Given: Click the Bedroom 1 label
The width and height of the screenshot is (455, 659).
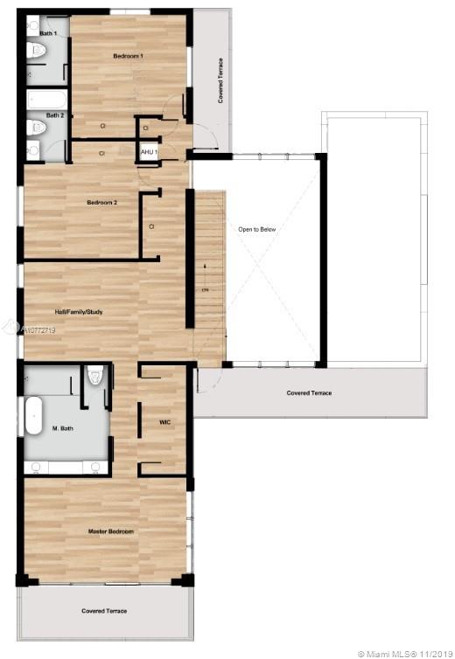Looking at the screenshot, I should pos(128,56).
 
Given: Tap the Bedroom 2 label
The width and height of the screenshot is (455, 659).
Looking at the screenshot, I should pos(101,203).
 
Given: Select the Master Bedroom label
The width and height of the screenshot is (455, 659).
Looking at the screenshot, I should pos(110,531).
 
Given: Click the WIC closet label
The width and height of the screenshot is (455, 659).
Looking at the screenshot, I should pos(164,422).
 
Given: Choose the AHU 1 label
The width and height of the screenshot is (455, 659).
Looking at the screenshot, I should pos(148,152).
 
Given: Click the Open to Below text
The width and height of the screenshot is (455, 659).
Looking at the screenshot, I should pos(256,229).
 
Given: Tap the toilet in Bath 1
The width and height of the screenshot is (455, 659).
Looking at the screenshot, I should pos(36,51).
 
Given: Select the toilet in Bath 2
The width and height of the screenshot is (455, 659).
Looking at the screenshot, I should pos(36,128).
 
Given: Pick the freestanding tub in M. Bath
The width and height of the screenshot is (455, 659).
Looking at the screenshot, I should pos(33,416).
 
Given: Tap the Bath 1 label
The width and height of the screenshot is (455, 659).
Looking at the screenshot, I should pos(48,33).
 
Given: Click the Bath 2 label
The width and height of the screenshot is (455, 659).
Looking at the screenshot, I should pos(54,114).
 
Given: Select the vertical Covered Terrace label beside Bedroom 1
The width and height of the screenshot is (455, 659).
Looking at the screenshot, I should pos(220,81).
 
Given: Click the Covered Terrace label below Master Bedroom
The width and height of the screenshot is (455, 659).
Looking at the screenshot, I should pos(104,611).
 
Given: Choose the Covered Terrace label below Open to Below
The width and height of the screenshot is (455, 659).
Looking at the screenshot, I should pos(309,393).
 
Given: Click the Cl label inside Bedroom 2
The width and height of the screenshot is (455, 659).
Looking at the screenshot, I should pos(151,226).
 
